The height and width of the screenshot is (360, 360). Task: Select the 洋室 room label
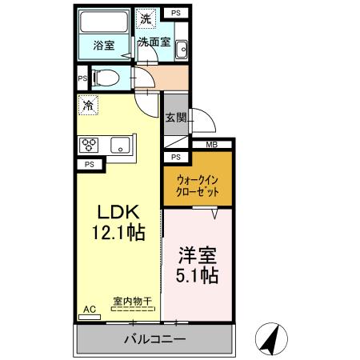pyautogui.click(x=198, y=255)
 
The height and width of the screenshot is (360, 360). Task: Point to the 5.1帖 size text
pyautogui.click(x=198, y=276)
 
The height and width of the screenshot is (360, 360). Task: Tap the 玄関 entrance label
pyautogui.click(x=175, y=118)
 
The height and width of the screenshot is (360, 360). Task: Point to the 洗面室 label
pyautogui.click(x=152, y=42)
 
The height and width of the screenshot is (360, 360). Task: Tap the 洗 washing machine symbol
pyautogui.click(x=146, y=18)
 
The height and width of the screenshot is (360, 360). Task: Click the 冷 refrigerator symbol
pyautogui.click(x=88, y=105)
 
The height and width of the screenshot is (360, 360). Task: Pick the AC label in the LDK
pyautogui.click(x=89, y=309)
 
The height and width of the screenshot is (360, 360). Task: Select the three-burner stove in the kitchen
pyautogui.click(x=89, y=145)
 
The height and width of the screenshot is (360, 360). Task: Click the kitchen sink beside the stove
pyautogui.click(x=120, y=145)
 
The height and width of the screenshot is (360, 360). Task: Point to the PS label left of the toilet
pyautogui.click(x=82, y=79)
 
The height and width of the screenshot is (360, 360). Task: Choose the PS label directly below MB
pyautogui.click(x=175, y=157)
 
